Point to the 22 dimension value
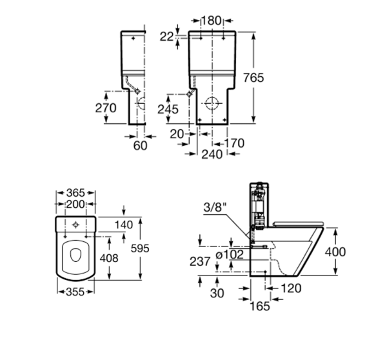[x=166, y=37]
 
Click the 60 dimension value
[x=140, y=146]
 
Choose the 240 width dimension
[x=212, y=154]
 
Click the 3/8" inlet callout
[x=212, y=208]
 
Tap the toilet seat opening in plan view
[x=75, y=257]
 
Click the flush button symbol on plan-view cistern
[x=76, y=224]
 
